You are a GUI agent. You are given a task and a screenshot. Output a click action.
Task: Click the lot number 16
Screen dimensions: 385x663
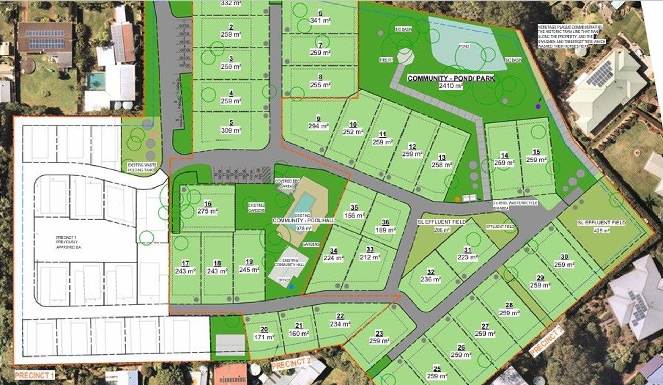tap(207, 204)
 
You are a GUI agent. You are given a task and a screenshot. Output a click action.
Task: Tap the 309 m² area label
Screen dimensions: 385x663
tap(231, 130)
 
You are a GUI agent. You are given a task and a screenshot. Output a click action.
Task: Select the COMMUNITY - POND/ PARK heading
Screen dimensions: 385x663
tap(451, 78)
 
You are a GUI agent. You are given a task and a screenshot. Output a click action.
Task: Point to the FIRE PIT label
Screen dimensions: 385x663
tap(387, 60)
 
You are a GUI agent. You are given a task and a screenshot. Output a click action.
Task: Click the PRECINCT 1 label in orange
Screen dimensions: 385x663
tap(34, 375)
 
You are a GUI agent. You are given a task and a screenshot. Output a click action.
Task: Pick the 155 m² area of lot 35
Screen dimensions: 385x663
tap(354, 216)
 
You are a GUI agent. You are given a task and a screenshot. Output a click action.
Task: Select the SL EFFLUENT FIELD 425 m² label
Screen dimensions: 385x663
tap(601, 226)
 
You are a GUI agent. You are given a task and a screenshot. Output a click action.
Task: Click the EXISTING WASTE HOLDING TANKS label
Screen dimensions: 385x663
tap(142, 167)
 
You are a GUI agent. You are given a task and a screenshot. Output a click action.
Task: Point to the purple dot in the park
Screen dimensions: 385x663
tap(538, 106)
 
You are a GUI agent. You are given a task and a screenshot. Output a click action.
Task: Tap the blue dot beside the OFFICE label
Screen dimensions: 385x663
tap(291, 287)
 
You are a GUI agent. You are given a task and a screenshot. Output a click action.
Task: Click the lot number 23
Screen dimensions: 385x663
tap(379, 333)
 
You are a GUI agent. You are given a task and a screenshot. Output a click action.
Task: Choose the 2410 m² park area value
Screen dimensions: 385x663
tap(450, 86)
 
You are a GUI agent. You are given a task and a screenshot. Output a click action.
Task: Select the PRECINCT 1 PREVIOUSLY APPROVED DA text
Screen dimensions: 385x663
tap(68, 242)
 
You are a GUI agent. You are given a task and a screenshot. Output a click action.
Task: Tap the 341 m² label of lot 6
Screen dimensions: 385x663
tap(320, 21)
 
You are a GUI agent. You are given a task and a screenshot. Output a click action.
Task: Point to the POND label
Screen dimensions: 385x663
tap(464, 46)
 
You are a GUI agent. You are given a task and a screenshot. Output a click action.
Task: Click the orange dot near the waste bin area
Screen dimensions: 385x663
tap(457, 199)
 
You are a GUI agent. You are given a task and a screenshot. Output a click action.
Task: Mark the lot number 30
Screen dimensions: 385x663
tap(564, 257)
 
